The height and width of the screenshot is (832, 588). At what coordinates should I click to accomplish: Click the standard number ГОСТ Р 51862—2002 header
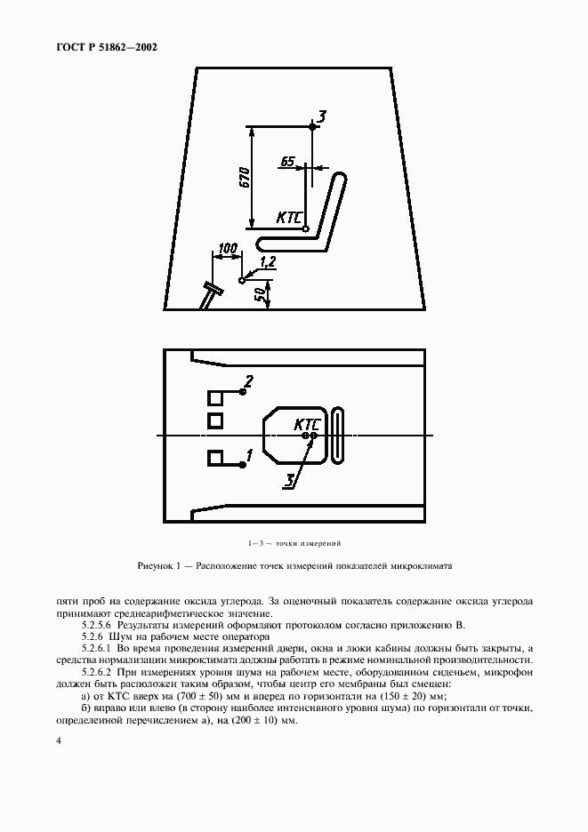[x=101, y=46]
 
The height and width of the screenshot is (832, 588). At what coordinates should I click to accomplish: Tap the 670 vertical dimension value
[x=243, y=175]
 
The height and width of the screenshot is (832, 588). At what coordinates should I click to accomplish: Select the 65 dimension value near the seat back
[x=286, y=161]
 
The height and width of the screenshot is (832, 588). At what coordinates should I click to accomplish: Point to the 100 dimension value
[x=228, y=248]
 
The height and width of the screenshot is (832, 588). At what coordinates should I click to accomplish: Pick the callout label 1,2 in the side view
[x=268, y=260]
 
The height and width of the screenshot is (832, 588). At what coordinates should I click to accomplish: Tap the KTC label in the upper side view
[x=289, y=216]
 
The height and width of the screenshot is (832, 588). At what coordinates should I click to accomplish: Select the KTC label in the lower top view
[x=307, y=425]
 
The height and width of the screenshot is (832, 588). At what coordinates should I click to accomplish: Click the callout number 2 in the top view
[x=249, y=381]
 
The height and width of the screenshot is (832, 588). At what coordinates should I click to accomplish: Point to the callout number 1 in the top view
[x=250, y=454]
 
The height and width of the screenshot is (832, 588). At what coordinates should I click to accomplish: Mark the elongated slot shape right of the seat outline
[x=337, y=434]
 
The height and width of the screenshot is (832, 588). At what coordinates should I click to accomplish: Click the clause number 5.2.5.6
[x=98, y=626]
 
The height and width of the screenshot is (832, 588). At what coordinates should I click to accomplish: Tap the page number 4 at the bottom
[x=57, y=740]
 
